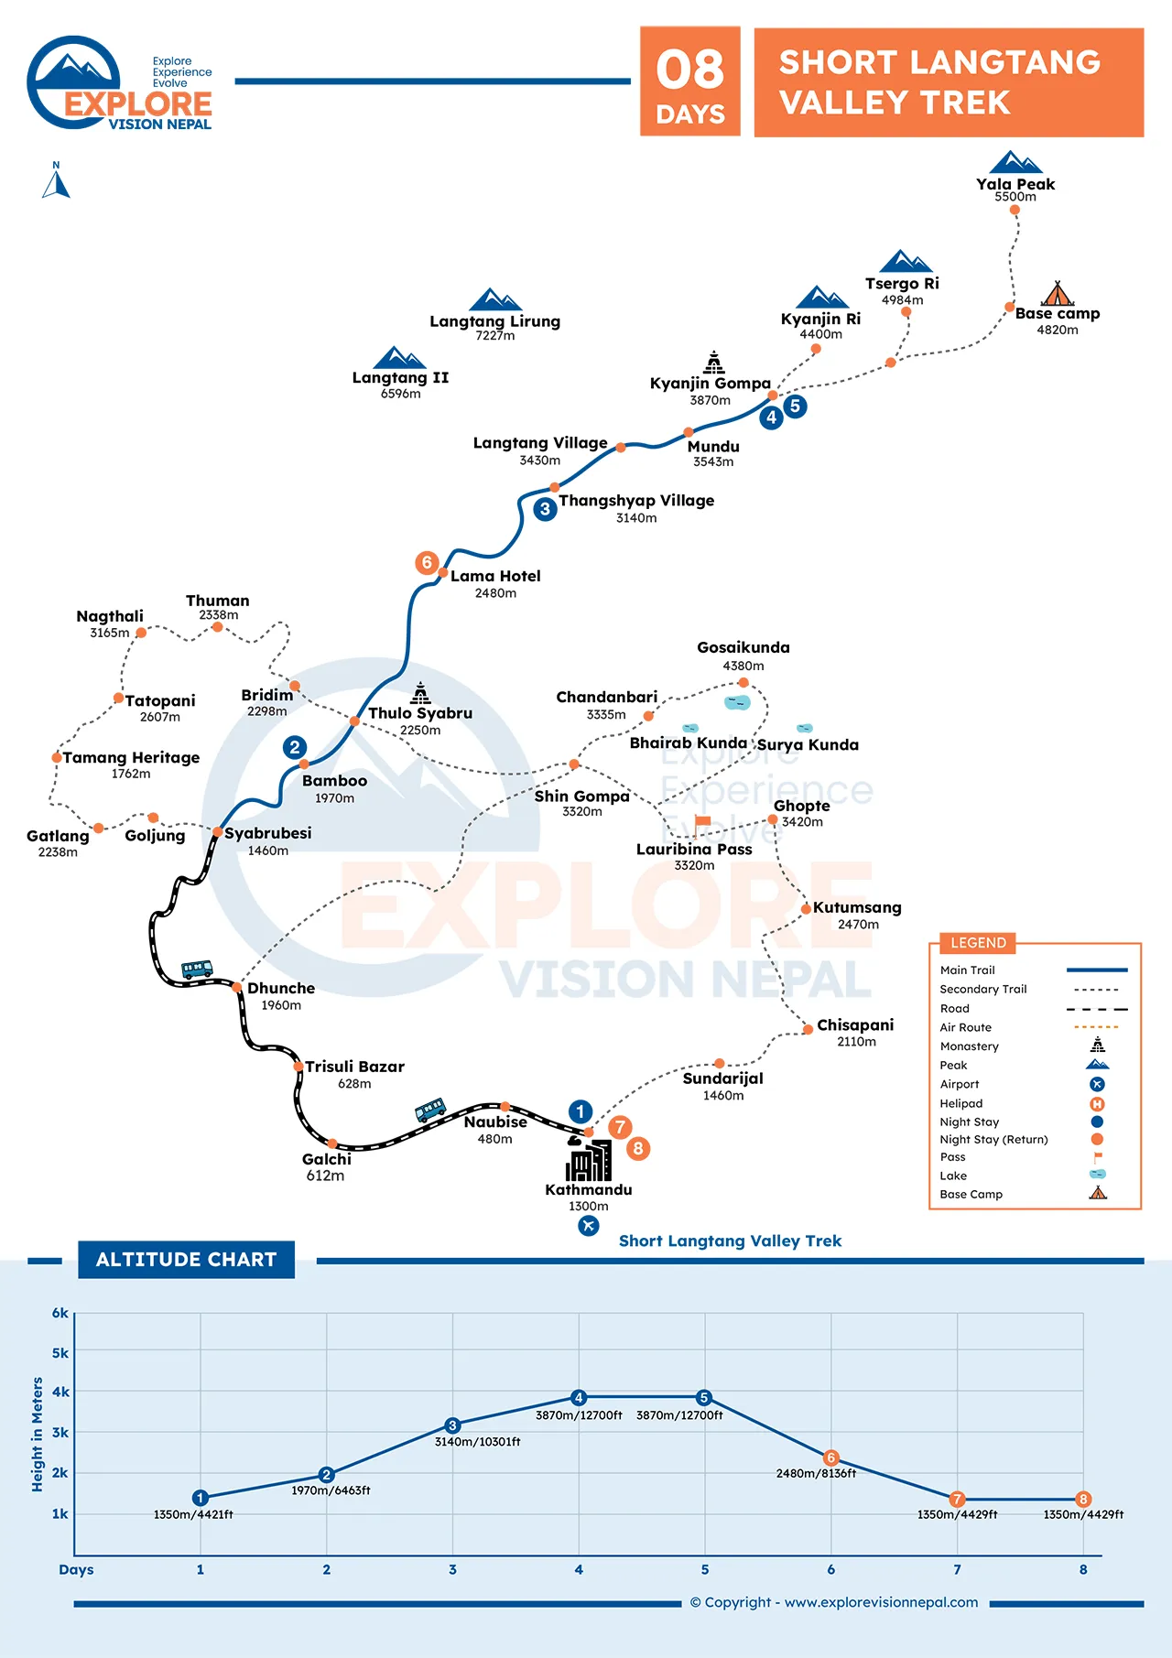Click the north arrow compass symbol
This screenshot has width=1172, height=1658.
point(56,180)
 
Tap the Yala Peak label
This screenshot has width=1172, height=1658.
point(1015,184)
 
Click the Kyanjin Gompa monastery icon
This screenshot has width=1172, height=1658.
point(714,362)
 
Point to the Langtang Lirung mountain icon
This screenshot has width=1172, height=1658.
point(495,299)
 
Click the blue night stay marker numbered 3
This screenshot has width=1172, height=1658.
point(545,509)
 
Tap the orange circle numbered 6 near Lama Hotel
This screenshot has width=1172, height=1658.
point(427,562)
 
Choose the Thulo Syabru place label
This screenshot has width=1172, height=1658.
point(420,713)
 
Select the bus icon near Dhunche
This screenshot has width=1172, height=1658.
point(197,969)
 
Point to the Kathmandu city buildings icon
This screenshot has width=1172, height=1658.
point(589,1160)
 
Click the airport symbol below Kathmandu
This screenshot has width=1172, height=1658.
point(589,1225)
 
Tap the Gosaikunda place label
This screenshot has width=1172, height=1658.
point(743,647)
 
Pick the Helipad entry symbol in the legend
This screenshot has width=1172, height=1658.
point(1097,1104)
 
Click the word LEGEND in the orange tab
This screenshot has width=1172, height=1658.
point(978,943)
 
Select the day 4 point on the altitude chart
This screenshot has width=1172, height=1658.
point(579,1397)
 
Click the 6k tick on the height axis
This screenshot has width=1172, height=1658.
point(60,1313)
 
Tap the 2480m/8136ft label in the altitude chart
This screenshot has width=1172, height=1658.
point(816,1473)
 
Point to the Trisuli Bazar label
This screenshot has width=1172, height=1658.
point(354,1067)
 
